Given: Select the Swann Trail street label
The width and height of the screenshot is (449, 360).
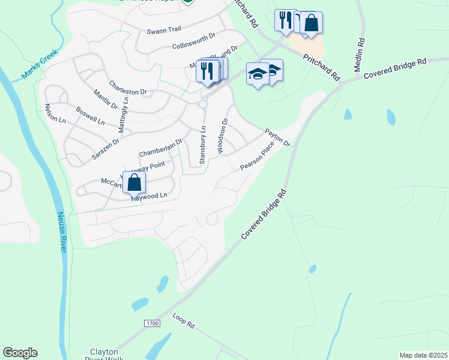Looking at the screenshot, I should (x=163, y=31).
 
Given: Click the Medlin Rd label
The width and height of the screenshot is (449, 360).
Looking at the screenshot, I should (x=360, y=55).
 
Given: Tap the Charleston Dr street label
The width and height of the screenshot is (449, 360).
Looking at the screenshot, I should (x=128, y=88).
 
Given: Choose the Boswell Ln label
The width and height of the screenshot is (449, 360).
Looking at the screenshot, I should (x=90, y=116).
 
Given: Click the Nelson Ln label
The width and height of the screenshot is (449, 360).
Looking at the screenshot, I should (x=55, y=113).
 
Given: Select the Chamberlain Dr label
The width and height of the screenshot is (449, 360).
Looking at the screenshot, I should (x=160, y=148).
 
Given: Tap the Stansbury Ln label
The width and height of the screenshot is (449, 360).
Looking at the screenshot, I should (x=203, y=145).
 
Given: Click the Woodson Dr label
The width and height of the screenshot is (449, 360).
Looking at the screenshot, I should (x=223, y=135).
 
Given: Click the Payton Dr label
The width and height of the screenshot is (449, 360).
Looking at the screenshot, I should (x=278, y=137).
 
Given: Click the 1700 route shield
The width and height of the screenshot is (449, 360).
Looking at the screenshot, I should (x=152, y=323).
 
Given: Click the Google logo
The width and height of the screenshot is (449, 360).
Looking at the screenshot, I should (x=20, y=353).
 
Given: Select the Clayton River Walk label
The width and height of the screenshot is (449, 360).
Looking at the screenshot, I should (x=107, y=354).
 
